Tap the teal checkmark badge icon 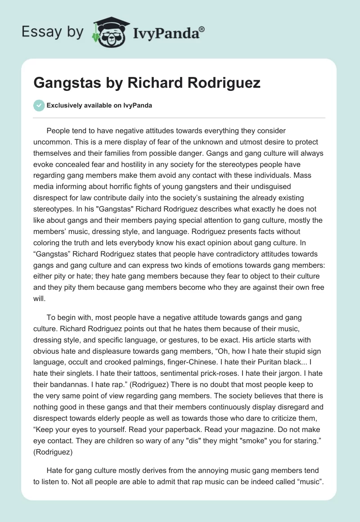click(x=39, y=105)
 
